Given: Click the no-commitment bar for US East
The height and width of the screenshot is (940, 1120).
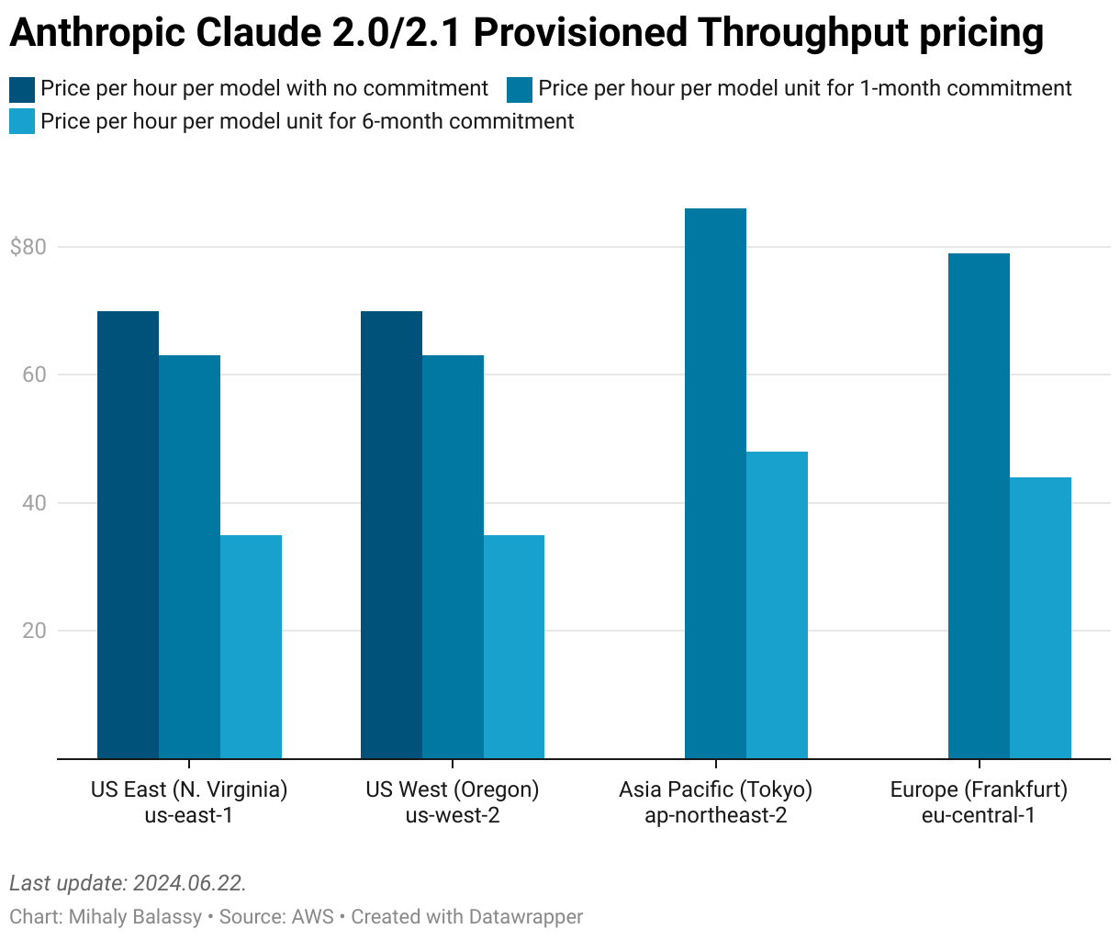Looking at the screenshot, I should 128,534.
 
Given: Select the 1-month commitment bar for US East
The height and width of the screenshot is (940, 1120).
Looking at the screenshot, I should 189,556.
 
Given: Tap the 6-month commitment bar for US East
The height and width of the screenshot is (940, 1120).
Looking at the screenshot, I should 251,646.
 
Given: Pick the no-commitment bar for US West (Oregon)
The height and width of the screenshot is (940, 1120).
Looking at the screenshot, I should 391,534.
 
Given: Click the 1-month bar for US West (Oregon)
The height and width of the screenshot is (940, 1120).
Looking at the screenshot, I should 453,556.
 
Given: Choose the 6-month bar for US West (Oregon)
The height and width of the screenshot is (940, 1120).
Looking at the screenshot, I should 514,646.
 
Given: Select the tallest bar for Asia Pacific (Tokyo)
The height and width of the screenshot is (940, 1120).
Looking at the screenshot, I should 715,483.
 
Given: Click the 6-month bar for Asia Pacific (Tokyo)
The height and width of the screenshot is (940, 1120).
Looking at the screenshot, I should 777,605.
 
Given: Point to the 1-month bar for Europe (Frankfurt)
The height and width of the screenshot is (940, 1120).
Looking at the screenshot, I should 979,506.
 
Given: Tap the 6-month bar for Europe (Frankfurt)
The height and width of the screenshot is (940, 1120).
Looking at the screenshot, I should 1040,618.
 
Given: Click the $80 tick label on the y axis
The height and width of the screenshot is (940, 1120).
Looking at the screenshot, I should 28,247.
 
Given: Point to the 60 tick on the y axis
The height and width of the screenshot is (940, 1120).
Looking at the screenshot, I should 34,375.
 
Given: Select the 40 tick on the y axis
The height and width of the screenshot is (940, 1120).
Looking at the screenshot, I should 34,503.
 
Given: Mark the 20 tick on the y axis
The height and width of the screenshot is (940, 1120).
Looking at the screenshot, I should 34,631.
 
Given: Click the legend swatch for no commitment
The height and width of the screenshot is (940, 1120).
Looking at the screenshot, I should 22,89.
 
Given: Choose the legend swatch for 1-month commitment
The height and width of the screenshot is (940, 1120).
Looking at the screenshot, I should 520,89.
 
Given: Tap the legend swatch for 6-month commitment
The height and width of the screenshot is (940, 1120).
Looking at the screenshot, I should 22,121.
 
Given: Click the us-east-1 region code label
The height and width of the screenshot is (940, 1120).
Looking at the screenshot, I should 188,815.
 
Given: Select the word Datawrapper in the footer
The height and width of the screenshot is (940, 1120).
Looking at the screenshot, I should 525,916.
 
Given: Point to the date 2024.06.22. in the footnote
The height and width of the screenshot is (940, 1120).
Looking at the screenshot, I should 189,883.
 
